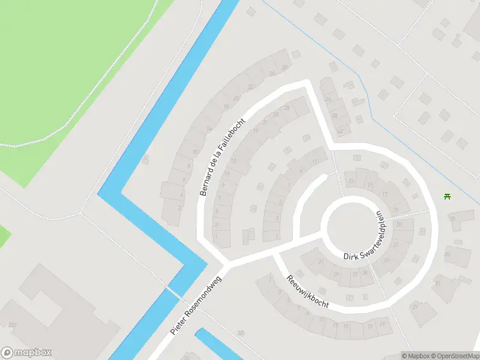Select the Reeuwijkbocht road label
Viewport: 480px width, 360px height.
pos(308,292)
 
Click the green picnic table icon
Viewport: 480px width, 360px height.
pos(446,196)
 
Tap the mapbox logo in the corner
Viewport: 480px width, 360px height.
pos(26,353)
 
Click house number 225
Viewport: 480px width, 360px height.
pos(13,325)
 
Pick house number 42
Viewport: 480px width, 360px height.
pos(340,130)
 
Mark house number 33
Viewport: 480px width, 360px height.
pos(447,254)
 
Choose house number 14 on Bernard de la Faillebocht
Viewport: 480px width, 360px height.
pos(209,128)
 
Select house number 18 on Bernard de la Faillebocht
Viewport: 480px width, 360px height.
pos(226,107)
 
